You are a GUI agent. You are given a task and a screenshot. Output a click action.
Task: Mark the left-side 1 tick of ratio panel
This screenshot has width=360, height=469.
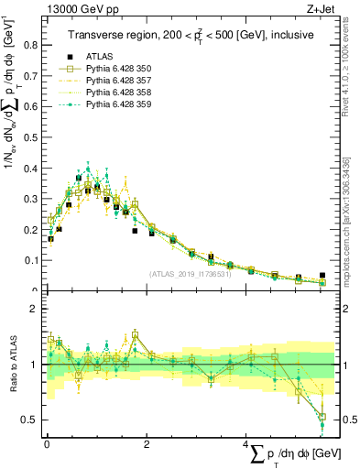tap(35, 365)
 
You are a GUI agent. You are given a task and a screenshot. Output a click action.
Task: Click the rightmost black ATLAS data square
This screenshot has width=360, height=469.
tap(322, 275)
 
